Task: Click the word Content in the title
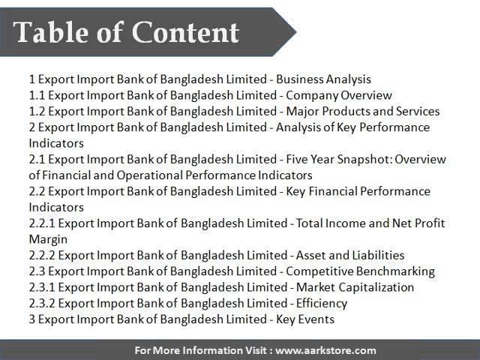click(x=186, y=32)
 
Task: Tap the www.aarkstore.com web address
click(x=325, y=350)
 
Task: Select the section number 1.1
click(x=37, y=95)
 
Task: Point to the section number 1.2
click(x=37, y=111)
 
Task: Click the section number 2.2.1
click(x=42, y=223)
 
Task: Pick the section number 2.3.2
click(x=42, y=303)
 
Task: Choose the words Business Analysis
click(x=323, y=79)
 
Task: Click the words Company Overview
click(x=339, y=95)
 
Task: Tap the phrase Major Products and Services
click(x=363, y=111)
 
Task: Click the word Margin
click(x=48, y=239)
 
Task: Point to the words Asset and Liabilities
click(x=350, y=255)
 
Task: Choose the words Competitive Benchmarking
click(x=360, y=271)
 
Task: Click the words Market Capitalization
click(x=355, y=287)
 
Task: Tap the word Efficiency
click(x=322, y=303)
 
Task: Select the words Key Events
click(x=305, y=319)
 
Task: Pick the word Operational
click(x=150, y=175)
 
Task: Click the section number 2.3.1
click(x=42, y=287)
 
